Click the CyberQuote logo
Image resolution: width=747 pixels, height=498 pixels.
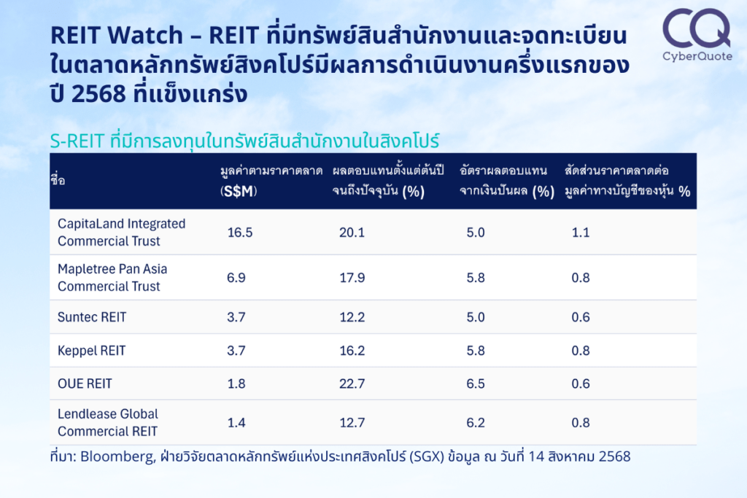pyautogui.click(x=697, y=35)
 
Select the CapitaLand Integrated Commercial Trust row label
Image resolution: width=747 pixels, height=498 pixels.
pyautogui.click(x=122, y=233)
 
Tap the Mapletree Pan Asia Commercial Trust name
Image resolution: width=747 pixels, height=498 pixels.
pyautogui.click(x=112, y=278)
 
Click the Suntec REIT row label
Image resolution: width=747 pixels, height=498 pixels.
pyautogui.click(x=92, y=317)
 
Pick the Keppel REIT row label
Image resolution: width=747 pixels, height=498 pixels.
pyautogui.click(x=91, y=351)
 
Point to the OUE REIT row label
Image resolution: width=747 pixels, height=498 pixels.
pyautogui.click(x=85, y=384)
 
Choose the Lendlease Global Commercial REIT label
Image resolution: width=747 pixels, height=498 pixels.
pyautogui.click(x=108, y=423)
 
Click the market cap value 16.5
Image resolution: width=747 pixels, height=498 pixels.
pyautogui.click(x=239, y=233)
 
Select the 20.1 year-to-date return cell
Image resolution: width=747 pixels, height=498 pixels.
pyautogui.click(x=352, y=233)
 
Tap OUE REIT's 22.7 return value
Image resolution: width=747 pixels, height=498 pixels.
pyautogui.click(x=352, y=384)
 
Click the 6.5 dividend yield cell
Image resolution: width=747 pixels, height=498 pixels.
pyautogui.click(x=476, y=384)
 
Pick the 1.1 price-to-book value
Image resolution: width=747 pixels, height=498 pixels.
pyautogui.click(x=580, y=233)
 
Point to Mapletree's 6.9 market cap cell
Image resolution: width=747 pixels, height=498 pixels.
pyautogui.click(x=236, y=278)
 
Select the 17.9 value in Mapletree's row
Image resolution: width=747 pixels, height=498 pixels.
pyautogui.click(x=352, y=278)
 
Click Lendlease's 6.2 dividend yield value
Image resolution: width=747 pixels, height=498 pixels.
pyautogui.click(x=476, y=423)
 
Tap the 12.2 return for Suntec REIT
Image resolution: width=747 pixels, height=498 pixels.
pyautogui.click(x=352, y=317)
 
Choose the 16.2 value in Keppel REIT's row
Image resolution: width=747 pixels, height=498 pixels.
pyautogui.click(x=352, y=351)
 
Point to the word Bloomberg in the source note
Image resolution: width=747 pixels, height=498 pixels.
pyautogui.click(x=117, y=456)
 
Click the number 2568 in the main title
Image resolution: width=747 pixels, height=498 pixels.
pyautogui.click(x=98, y=93)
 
